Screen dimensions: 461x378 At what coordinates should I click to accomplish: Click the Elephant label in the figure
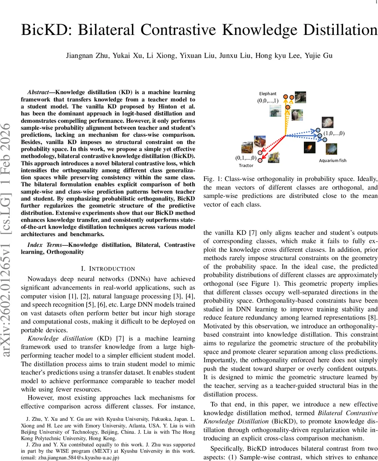click(267, 93)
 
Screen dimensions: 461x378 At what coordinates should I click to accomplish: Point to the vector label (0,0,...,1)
click(268, 101)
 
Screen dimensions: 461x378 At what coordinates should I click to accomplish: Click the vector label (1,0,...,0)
click(334, 133)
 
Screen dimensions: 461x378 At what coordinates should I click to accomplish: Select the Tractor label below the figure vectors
click(246, 165)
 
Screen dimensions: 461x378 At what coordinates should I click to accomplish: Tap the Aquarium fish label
click(332, 160)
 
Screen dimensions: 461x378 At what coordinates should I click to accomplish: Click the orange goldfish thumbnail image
click(310, 148)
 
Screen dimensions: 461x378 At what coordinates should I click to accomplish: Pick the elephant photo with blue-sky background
click(275, 111)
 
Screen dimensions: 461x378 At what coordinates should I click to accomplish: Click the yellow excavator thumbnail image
click(247, 148)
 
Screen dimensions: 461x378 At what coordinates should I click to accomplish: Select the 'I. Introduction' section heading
click(108, 269)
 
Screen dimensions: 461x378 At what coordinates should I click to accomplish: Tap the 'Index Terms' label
click(44, 245)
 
